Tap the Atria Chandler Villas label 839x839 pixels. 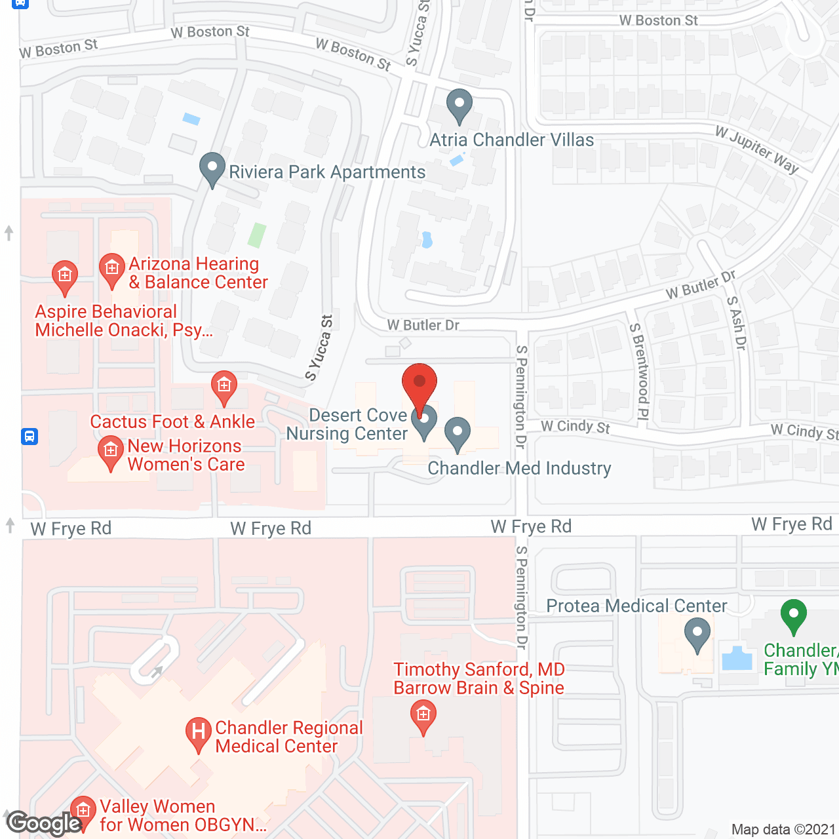pyautogui.click(x=511, y=140)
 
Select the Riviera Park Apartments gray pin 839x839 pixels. pyautogui.click(x=212, y=169)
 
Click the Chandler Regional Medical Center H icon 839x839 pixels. pyautogui.click(x=198, y=733)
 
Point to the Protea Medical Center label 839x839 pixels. pyautogui.click(x=636, y=606)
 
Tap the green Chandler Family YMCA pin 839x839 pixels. pyautogui.click(x=793, y=616)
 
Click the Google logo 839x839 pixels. pyautogui.click(x=44, y=823)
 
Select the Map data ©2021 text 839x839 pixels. pyautogui.click(x=783, y=829)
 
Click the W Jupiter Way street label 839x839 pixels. pyautogui.click(x=757, y=149)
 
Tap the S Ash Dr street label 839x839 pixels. pyautogui.click(x=737, y=323)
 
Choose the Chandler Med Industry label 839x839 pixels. pyautogui.click(x=519, y=468)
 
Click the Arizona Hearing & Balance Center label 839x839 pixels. pyautogui.click(x=198, y=273)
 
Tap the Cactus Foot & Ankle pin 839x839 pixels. pyautogui.click(x=224, y=387)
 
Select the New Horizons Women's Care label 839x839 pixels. pyautogui.click(x=186, y=455)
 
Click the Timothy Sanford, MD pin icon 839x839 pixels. pyautogui.click(x=423, y=716)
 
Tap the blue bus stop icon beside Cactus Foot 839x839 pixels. pyautogui.click(x=29, y=437)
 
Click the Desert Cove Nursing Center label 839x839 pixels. pyautogui.click(x=347, y=424)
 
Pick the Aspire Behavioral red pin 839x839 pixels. pyautogui.click(x=64, y=277)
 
